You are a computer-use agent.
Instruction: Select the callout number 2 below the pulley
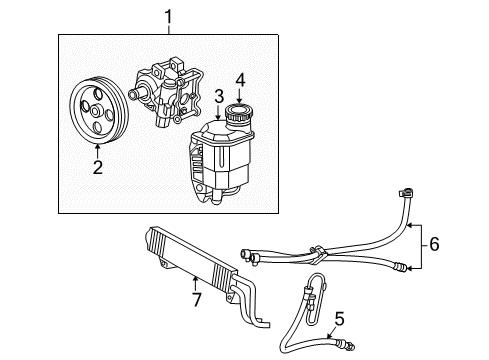[x=98, y=167]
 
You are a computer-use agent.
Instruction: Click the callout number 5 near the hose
[x=339, y=319]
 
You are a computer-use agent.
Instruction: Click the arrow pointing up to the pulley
[x=98, y=150]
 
